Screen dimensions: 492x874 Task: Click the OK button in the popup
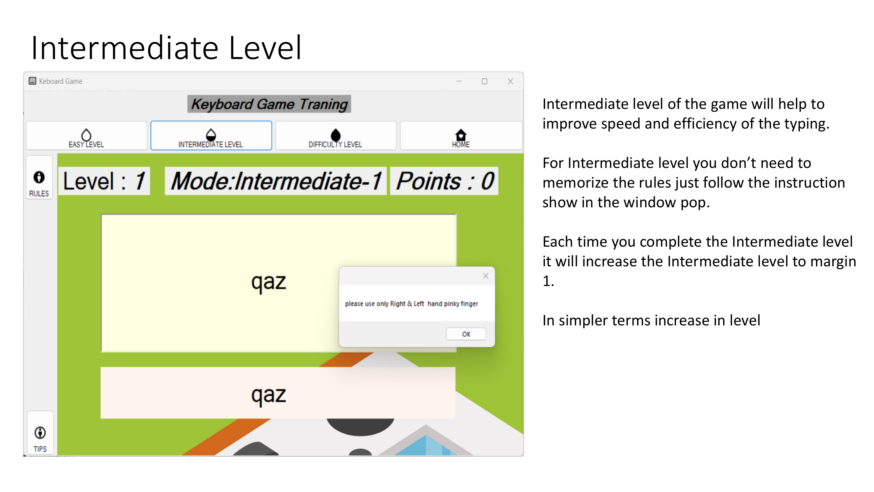466,334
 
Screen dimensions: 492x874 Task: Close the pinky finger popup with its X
486,276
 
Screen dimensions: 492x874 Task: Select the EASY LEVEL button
87,136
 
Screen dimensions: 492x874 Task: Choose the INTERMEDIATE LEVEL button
211,136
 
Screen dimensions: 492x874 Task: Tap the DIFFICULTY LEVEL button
336,136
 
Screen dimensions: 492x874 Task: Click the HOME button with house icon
461,136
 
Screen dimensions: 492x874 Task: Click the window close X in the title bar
510,81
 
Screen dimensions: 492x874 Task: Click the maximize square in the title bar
484,81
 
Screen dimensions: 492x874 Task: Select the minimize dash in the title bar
459,81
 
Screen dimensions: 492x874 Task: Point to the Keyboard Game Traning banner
269,104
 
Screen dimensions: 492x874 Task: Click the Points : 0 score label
444,181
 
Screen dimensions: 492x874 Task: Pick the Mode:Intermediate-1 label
276,181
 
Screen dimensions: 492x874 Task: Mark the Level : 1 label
104,181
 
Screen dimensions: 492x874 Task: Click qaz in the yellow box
268,282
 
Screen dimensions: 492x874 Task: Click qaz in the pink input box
268,395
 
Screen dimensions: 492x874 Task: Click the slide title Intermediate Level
166,48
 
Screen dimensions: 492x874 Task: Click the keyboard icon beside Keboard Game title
32,81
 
